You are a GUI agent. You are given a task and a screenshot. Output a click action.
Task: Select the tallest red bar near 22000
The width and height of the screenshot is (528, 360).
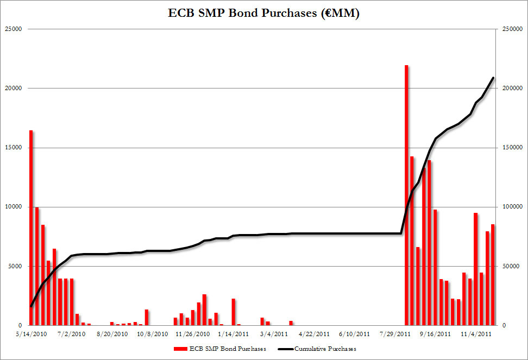click(x=406, y=195)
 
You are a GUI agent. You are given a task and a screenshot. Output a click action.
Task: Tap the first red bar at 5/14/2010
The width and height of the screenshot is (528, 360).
click(x=31, y=228)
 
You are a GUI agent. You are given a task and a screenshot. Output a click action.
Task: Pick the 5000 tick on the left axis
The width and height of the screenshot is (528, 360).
click(x=14, y=266)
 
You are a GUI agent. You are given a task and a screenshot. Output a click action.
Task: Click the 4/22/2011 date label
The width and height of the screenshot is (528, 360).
click(x=314, y=334)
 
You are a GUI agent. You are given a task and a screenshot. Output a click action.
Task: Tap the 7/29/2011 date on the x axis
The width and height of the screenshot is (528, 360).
click(x=395, y=334)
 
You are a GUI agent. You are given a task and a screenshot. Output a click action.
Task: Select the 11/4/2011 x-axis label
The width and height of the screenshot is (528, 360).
click(x=477, y=334)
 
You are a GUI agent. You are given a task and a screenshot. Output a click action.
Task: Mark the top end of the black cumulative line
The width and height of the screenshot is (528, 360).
click(x=493, y=78)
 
